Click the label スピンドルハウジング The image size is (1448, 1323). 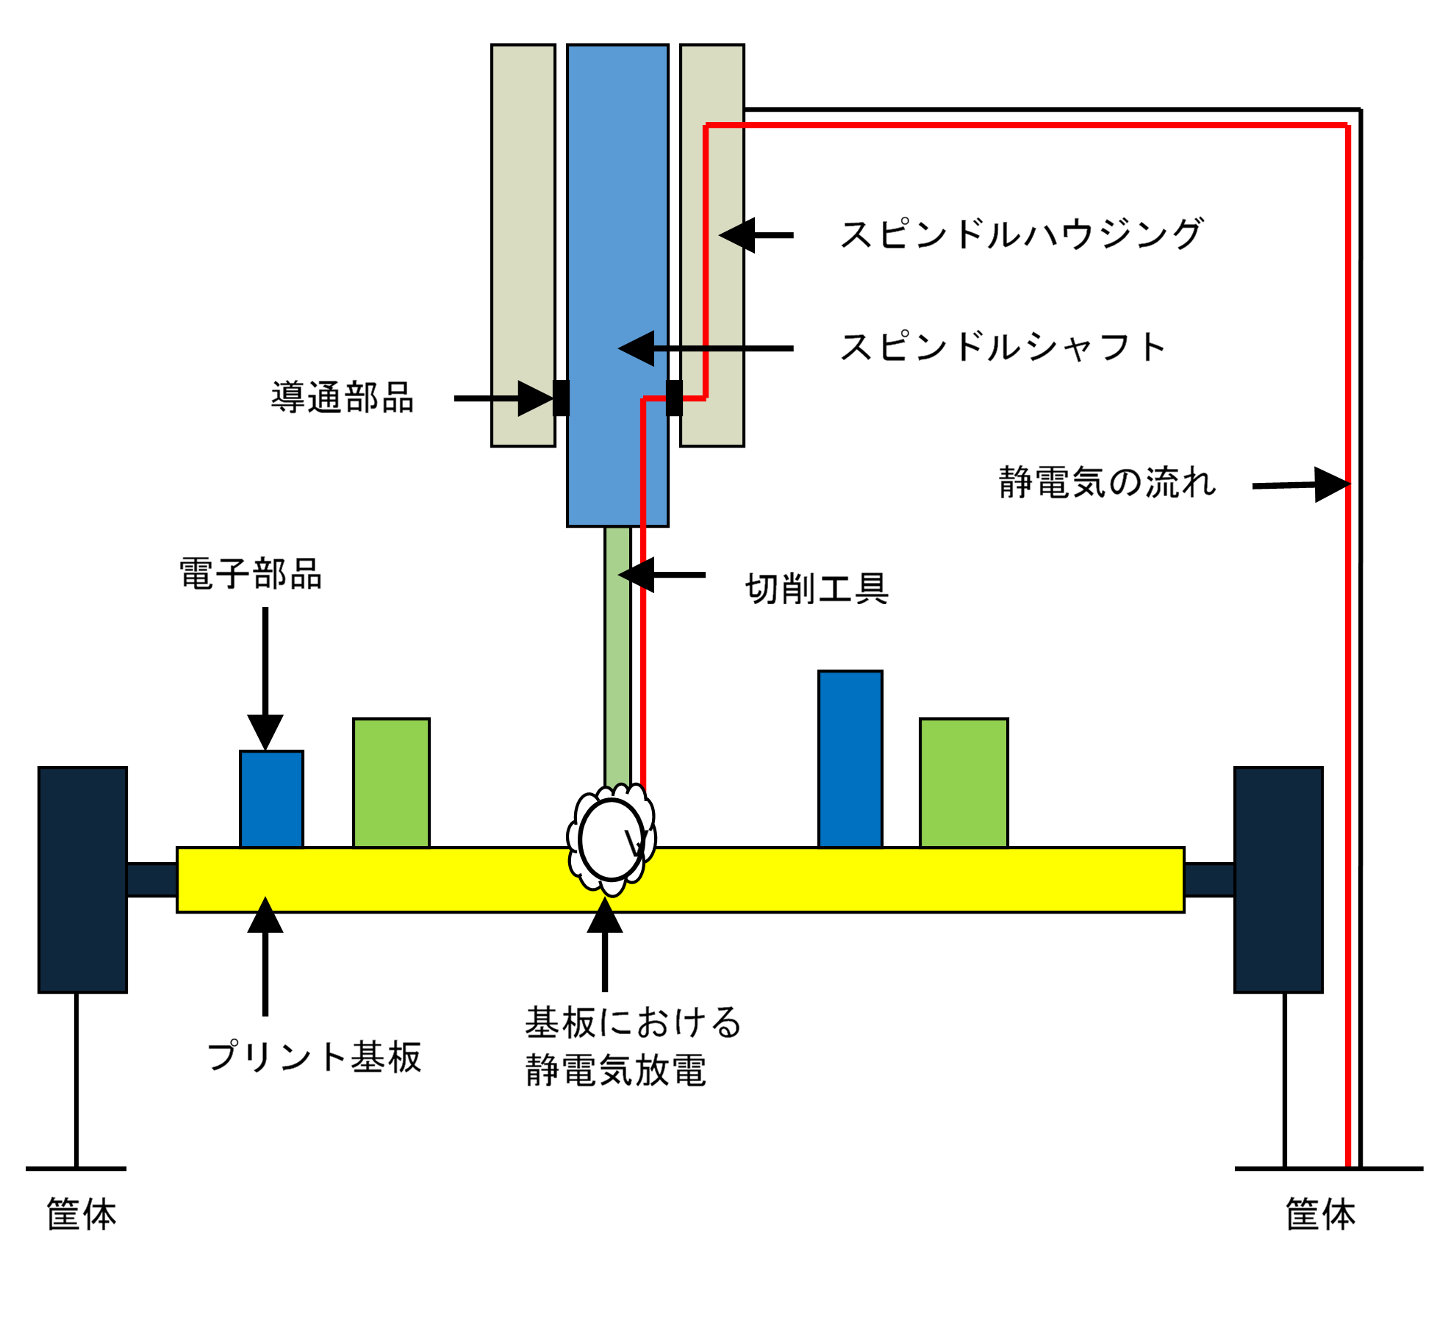[1021, 234]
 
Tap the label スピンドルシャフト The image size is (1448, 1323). [1003, 347]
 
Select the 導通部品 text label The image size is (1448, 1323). [343, 398]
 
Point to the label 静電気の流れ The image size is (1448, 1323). [1107, 483]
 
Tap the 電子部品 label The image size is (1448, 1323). [251, 574]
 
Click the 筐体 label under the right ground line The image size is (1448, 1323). [1320, 1214]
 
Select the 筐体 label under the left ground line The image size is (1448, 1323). [82, 1214]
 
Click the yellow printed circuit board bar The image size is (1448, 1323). [882, 880]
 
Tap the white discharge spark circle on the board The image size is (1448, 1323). [611, 840]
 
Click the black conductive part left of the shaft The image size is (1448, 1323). [561, 398]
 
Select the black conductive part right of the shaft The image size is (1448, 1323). [674, 398]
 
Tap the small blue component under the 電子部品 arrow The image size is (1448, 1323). [271, 799]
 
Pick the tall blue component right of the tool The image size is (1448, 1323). [850, 759]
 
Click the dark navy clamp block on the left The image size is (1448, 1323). [82, 880]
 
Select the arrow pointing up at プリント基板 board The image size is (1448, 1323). [265, 955]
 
